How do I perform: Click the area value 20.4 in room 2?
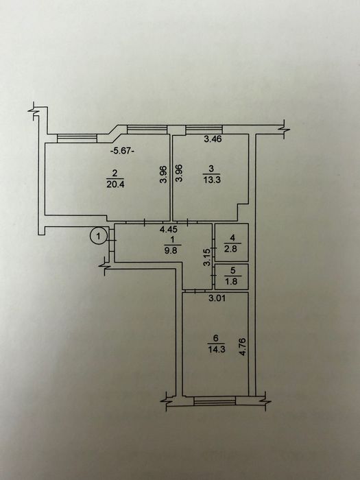115,184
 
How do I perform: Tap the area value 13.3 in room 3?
212,180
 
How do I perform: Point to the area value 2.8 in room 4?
232,248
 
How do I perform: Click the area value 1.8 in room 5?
232,280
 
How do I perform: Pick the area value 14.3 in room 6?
217,349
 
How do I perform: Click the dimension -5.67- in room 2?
122,151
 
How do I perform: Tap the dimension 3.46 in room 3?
213,139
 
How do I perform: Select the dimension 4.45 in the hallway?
169,228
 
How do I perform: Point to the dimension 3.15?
207,257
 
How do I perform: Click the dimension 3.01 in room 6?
217,298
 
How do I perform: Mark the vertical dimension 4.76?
243,346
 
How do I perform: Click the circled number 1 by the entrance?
98,236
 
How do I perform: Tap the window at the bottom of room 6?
215,400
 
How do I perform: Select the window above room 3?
204,130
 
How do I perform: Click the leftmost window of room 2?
77,139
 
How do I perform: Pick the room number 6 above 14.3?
216,338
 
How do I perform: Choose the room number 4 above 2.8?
232,237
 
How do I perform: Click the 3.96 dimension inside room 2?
164,174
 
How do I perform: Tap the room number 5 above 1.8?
232,270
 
